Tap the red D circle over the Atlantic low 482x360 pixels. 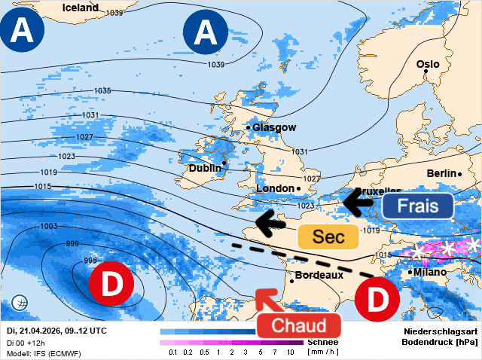[111, 285]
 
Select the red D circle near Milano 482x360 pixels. [378, 299]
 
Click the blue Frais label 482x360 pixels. [417, 206]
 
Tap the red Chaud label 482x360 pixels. [299, 326]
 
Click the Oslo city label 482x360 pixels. [427, 64]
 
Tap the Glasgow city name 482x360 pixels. [274, 128]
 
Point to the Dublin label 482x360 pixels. [204, 169]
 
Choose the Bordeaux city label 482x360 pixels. [319, 276]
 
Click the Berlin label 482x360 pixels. [441, 173]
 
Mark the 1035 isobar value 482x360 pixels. [102, 91]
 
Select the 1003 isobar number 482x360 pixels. [49, 227]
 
